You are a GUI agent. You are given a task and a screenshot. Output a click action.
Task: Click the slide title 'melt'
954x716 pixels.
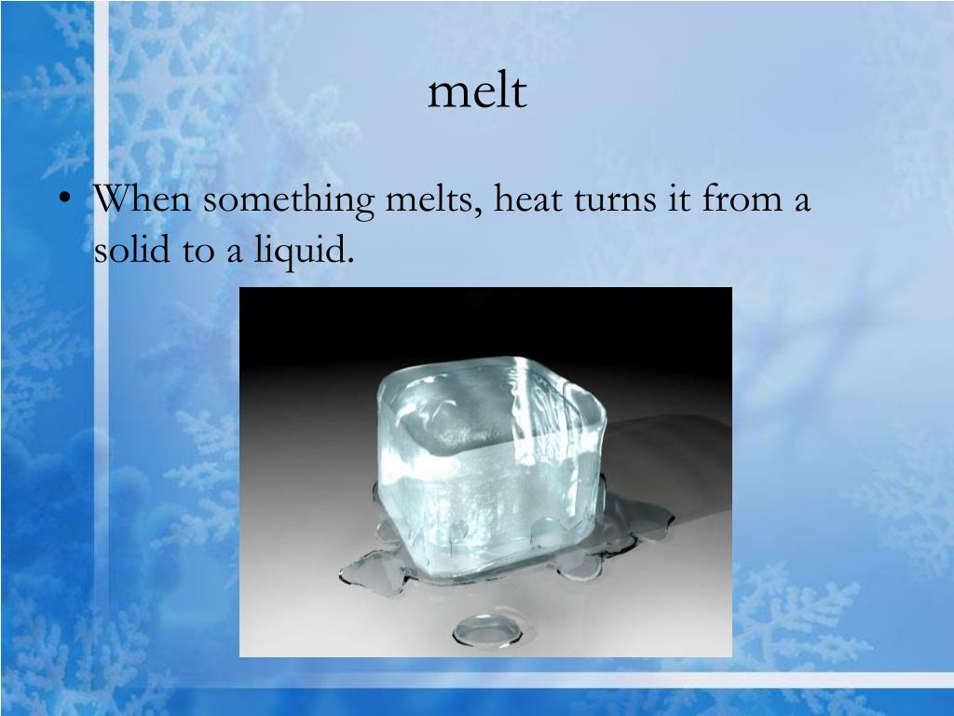click(x=477, y=92)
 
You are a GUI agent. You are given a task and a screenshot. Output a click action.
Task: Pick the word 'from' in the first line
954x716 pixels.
click(x=737, y=200)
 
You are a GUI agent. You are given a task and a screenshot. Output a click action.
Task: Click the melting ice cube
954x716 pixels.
click(x=484, y=457)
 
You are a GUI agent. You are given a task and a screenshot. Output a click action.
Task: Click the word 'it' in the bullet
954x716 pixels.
click(x=679, y=200)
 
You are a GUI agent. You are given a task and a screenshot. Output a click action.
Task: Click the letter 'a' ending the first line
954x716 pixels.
click(x=800, y=203)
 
